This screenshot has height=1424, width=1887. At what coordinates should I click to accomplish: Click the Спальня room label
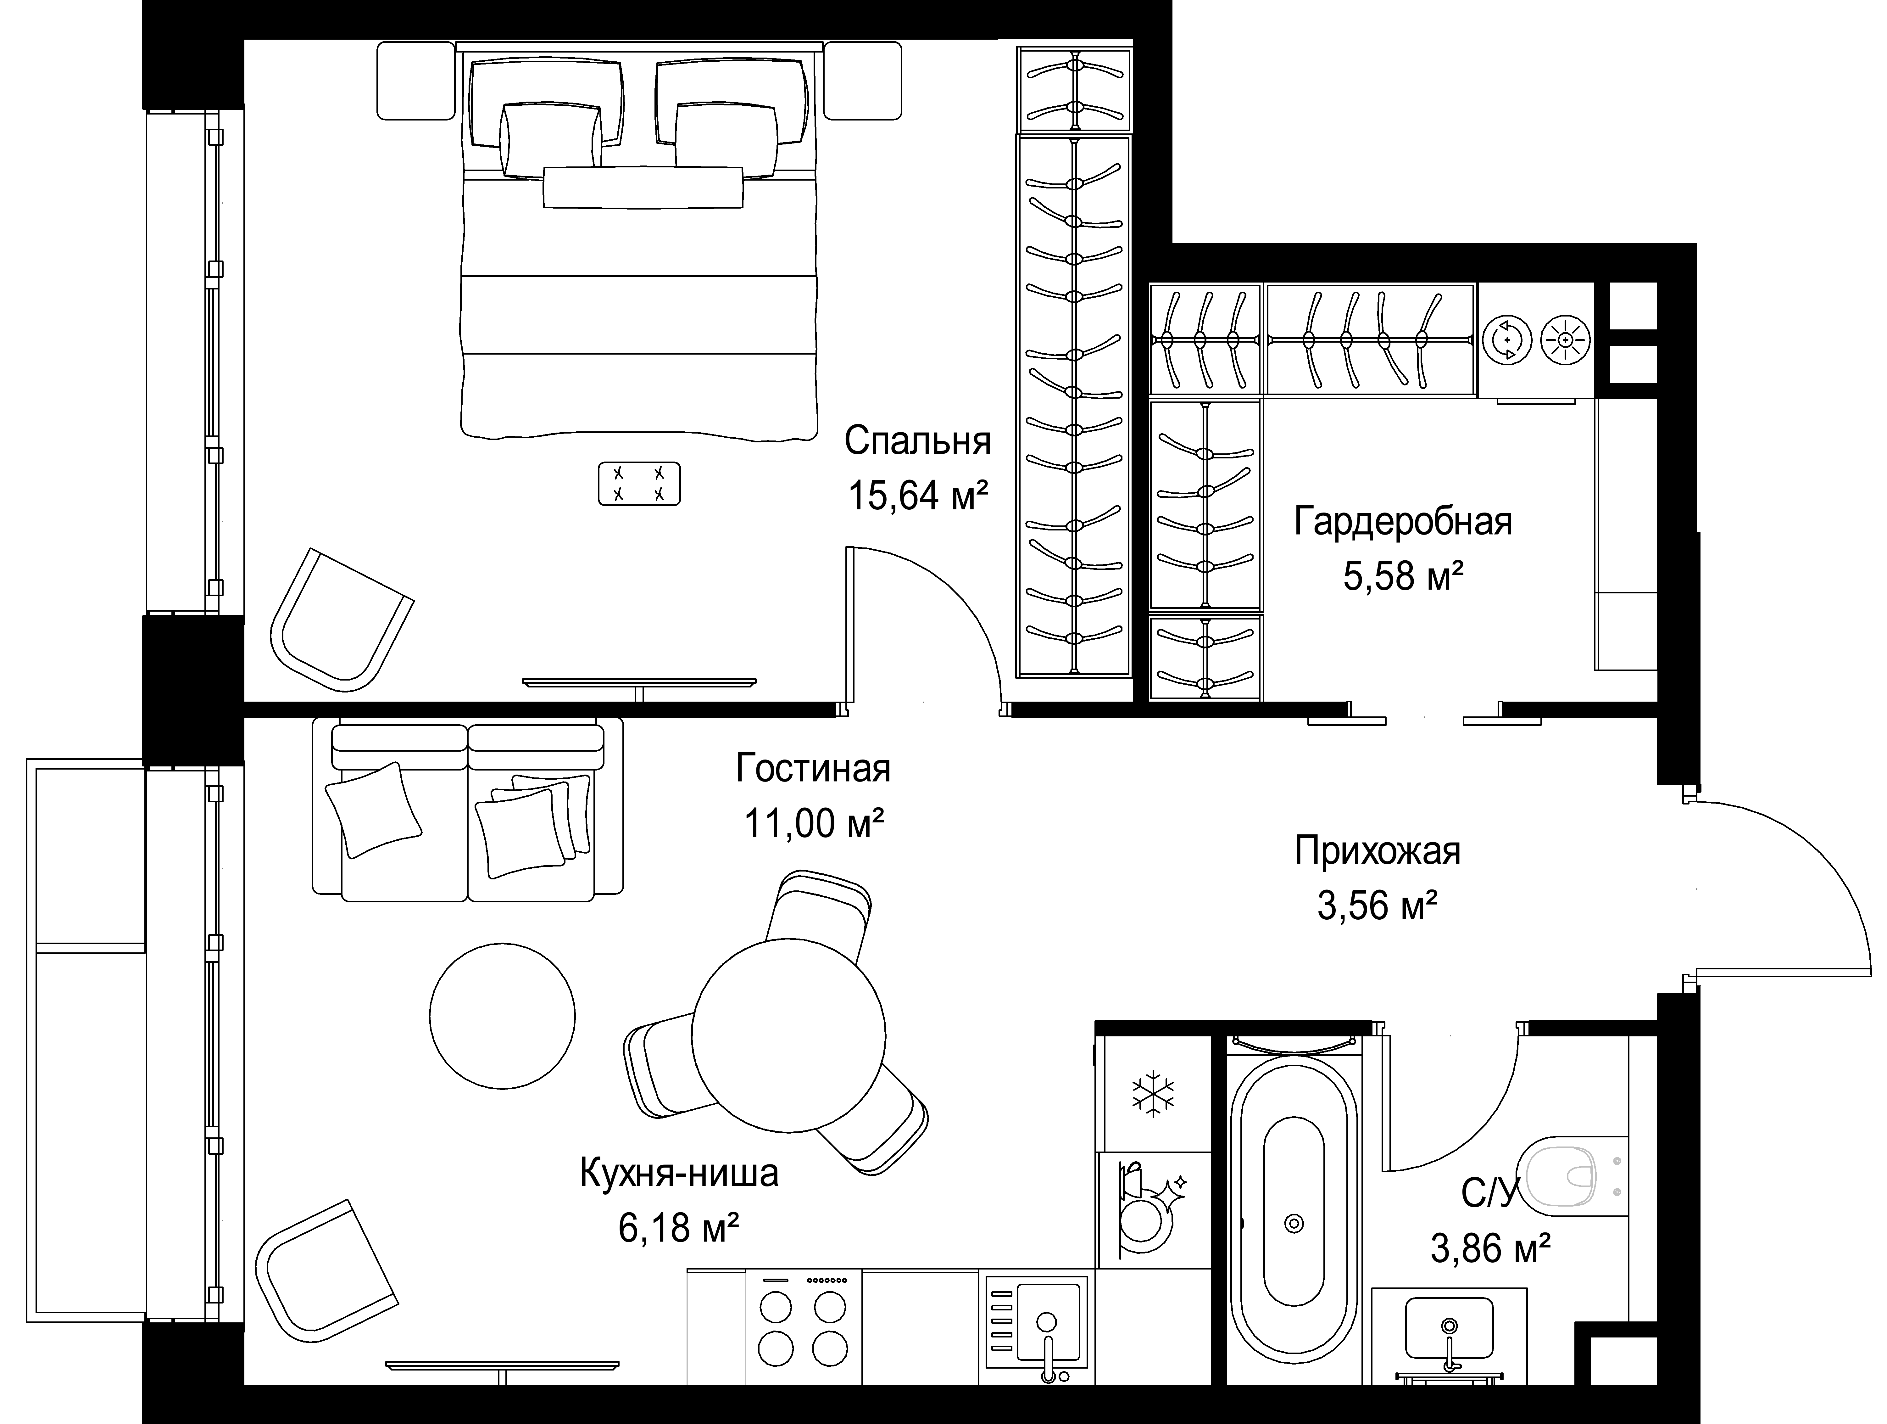tap(918, 442)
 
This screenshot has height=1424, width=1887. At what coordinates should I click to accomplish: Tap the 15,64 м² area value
tap(918, 495)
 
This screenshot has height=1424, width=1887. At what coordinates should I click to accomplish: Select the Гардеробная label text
tap(1403, 521)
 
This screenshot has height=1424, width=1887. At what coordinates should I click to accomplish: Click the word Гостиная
tap(813, 769)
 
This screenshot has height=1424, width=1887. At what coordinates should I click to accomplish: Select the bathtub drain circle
tap(1294, 1224)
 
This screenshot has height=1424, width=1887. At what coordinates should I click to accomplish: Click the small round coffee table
tap(503, 1015)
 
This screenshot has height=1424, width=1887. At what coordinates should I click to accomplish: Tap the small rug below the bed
tap(639, 484)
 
